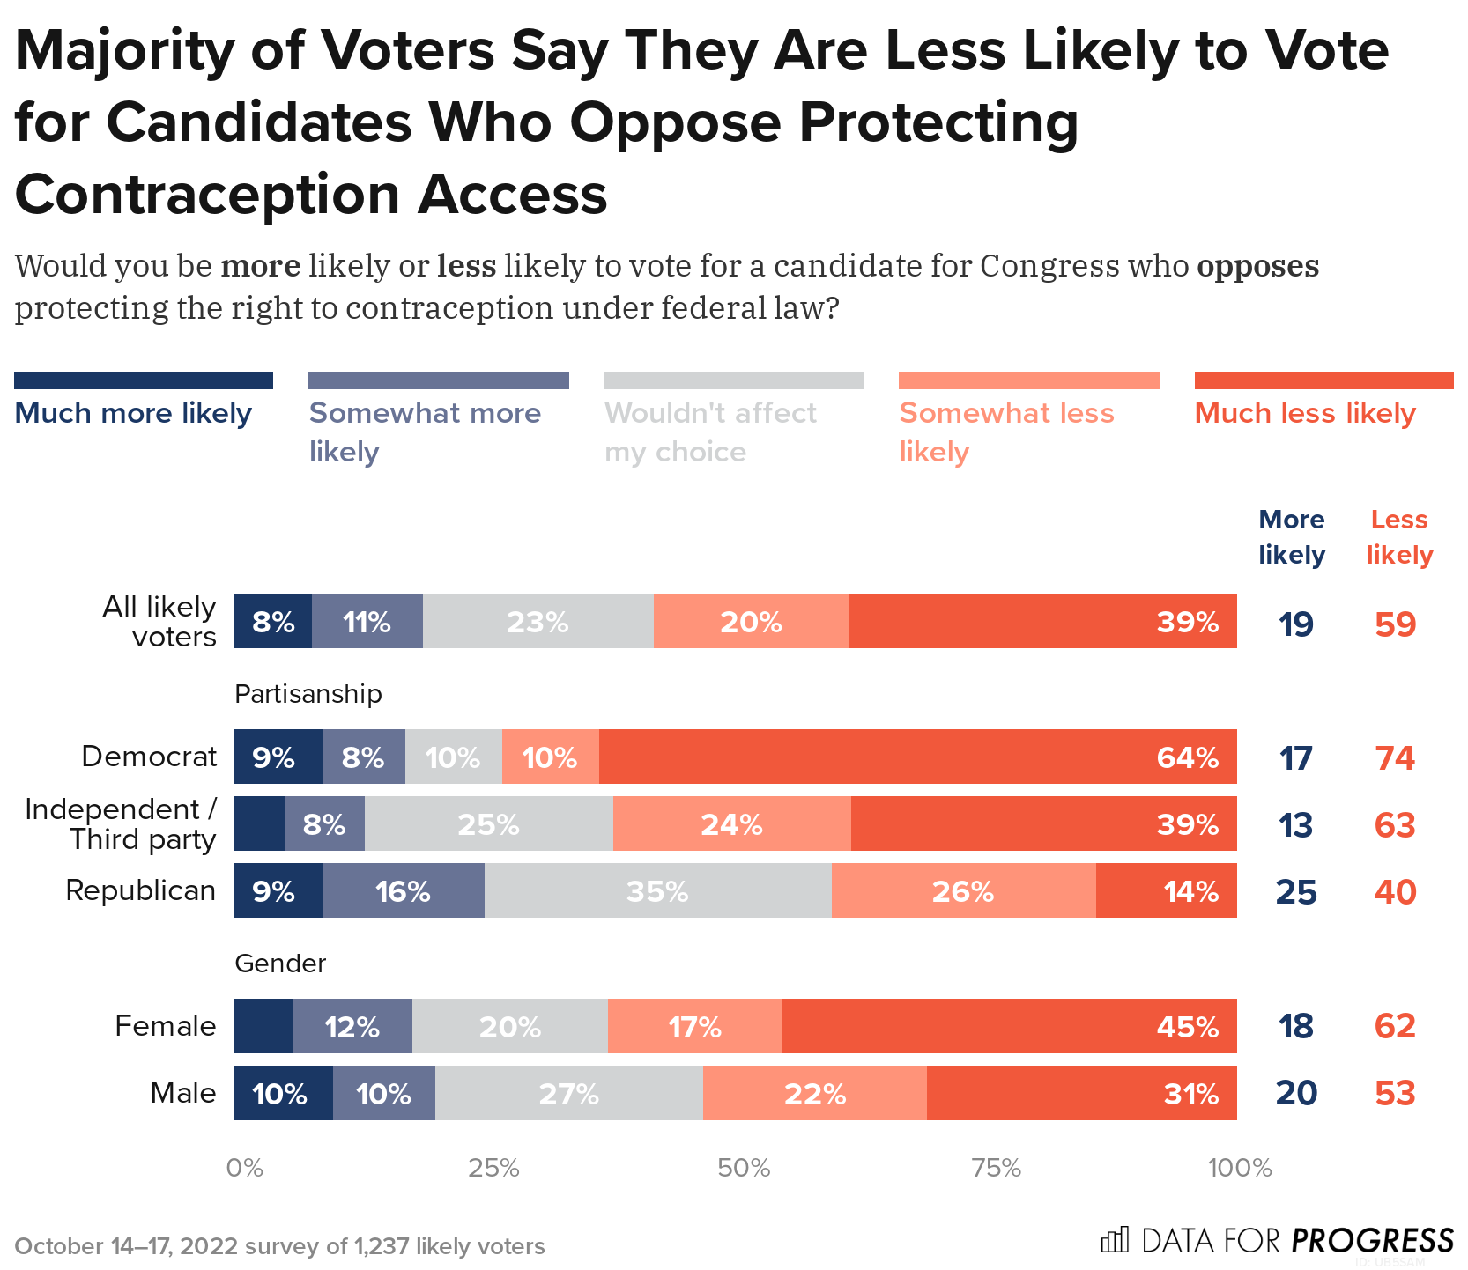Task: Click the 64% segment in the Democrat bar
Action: click(x=917, y=757)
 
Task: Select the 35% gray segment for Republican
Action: click(x=657, y=890)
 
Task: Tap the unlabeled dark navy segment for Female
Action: click(x=263, y=1026)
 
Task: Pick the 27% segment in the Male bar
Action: click(x=568, y=1093)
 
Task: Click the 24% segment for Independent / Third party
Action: click(x=731, y=823)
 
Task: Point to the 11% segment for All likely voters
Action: click(x=367, y=622)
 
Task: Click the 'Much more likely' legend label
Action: click(x=133, y=412)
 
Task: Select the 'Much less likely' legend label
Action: click(x=1304, y=412)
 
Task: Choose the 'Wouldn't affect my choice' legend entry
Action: click(x=710, y=432)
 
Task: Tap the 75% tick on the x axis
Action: click(x=996, y=1168)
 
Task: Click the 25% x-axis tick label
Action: click(x=493, y=1168)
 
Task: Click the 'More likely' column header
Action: click(x=1291, y=536)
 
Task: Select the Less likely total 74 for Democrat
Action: click(x=1395, y=757)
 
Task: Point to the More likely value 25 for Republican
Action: click(x=1296, y=891)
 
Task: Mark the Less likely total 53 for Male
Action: click(x=1395, y=1093)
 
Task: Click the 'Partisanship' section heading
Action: click(x=308, y=694)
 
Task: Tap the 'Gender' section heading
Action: click(x=280, y=963)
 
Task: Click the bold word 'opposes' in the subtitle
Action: click(x=1257, y=265)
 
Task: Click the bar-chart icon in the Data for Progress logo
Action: click(x=1115, y=1240)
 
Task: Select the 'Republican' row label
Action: click(x=140, y=890)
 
